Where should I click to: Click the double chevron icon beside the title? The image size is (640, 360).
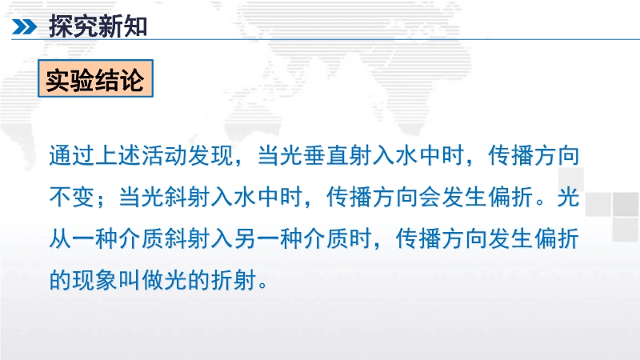[24, 27]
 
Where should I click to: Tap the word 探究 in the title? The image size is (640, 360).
[74, 26]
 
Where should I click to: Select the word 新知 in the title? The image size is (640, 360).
[122, 26]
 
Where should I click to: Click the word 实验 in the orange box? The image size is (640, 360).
[70, 79]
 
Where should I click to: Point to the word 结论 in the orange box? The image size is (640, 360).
[119, 79]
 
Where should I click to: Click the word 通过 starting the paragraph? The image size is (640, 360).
[72, 155]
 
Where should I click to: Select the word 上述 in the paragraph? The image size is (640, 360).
[118, 155]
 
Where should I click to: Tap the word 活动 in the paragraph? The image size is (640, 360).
[164, 155]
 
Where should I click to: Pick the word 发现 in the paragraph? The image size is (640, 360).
[210, 155]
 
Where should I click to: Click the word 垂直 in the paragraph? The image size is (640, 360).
[326, 155]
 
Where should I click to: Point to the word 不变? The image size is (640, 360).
[72, 197]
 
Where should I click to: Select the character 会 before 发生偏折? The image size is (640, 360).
[430, 197]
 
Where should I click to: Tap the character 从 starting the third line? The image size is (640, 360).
[61, 238]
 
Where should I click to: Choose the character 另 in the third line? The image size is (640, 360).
[245, 238]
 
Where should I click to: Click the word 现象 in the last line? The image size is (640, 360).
[95, 279]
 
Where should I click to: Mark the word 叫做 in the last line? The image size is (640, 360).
[142, 279]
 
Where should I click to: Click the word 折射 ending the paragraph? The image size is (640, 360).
[234, 279]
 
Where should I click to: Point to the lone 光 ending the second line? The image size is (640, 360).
[568, 197]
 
